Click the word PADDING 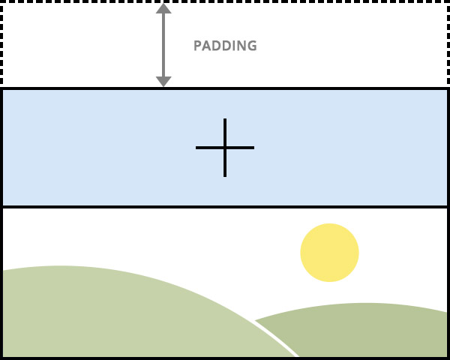[225, 46]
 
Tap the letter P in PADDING [198, 46]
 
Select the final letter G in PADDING [252, 46]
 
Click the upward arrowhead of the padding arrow [163, 8]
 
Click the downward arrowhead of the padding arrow [163, 81]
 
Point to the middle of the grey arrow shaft [163, 45]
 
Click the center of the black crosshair [225, 148]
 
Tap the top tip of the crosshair [225, 120]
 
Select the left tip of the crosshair [197, 148]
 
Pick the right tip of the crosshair [253, 148]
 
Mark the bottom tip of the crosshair [225, 175]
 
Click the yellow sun [329, 253]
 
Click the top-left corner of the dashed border [1, 1]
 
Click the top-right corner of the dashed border [448, 1]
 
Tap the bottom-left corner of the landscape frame [1, 358]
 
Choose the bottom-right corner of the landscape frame [448, 358]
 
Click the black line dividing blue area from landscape [225, 206]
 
